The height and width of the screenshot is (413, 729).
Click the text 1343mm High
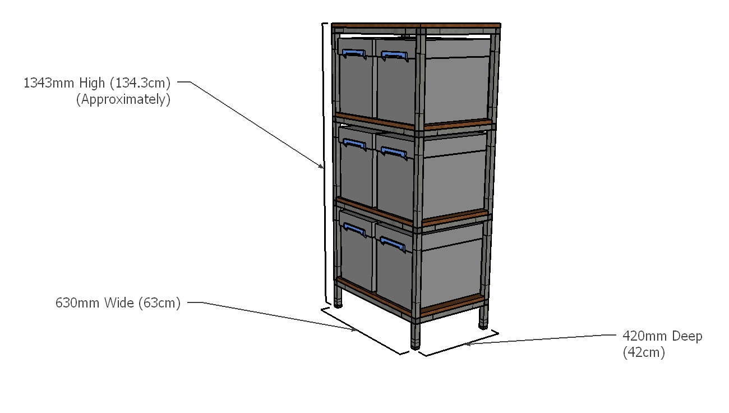tap(64, 84)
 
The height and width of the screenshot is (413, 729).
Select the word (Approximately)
tap(123, 100)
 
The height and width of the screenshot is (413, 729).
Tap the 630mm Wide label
tap(95, 303)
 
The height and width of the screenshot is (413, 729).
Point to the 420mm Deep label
tap(662, 336)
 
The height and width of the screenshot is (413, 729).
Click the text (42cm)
tap(643, 353)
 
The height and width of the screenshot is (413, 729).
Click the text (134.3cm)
tap(140, 84)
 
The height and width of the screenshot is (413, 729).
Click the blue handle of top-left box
tap(353, 54)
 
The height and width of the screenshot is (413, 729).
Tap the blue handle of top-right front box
tap(394, 56)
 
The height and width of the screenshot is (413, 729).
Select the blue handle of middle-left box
tap(353, 145)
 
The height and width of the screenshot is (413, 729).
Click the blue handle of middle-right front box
tap(394, 152)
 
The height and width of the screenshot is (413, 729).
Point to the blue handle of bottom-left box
tap(354, 228)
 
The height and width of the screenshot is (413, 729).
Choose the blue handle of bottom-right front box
tap(393, 243)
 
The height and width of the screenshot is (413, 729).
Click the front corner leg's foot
tap(415, 343)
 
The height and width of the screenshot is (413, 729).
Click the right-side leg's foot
tap(483, 324)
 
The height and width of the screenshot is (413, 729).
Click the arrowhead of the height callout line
tap(321, 166)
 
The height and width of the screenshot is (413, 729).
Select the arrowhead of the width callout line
tap(354, 330)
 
